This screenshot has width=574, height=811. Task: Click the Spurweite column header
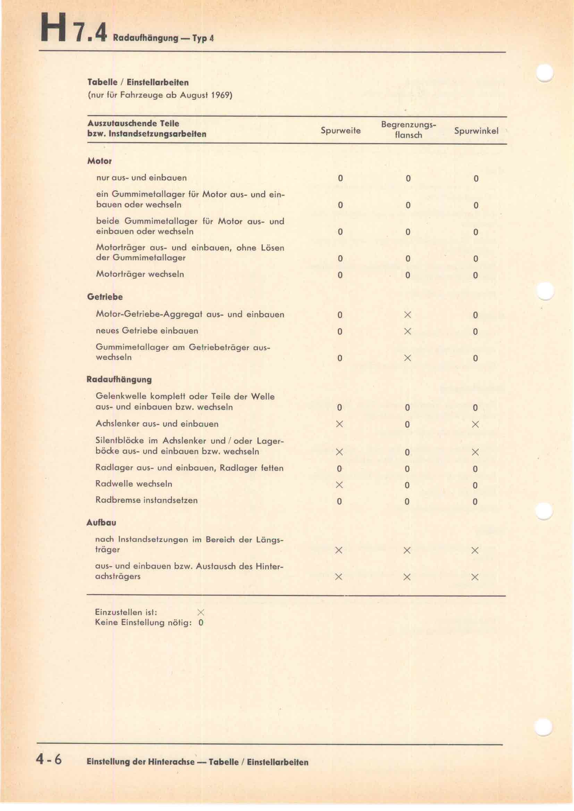click(x=340, y=131)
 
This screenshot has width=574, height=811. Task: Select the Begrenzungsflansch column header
click(x=408, y=130)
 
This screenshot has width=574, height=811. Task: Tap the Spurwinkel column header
click(x=476, y=131)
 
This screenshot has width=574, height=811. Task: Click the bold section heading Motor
click(x=99, y=161)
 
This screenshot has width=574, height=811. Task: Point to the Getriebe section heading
click(x=104, y=297)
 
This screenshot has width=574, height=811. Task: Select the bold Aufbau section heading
click(x=101, y=523)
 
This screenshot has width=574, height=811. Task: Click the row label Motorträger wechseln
click(x=140, y=274)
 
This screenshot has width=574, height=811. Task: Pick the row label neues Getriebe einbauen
click(x=147, y=331)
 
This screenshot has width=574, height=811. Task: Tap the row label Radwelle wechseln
click(x=134, y=484)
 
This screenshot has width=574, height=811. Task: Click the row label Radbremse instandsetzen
click(x=146, y=500)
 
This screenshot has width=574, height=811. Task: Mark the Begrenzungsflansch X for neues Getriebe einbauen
click(x=407, y=331)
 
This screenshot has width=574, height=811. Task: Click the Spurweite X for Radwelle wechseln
click(x=339, y=485)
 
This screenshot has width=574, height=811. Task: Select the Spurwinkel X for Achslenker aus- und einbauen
click(x=475, y=424)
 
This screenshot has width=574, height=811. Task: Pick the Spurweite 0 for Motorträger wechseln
click(x=340, y=275)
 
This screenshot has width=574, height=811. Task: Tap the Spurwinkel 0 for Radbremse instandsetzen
click(x=475, y=502)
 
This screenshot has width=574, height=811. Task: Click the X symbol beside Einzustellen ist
click(x=201, y=612)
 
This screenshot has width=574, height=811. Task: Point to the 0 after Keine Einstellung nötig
click(x=201, y=623)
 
